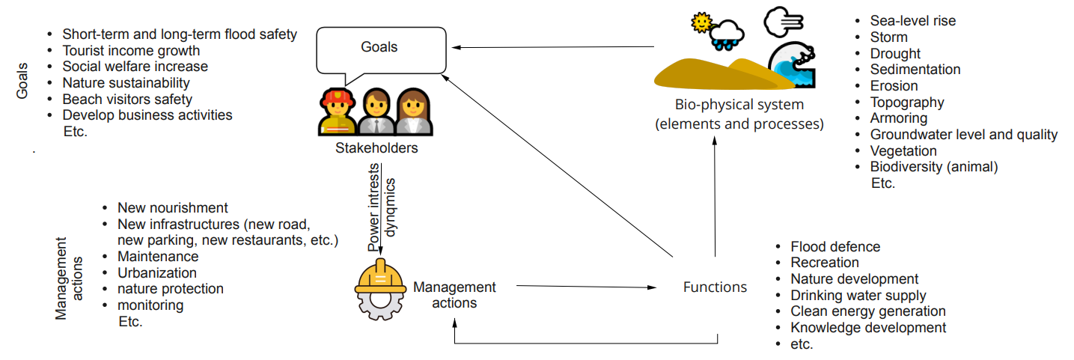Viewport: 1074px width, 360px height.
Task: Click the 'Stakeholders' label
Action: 376,148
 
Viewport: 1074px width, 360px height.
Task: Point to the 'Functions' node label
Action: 715,287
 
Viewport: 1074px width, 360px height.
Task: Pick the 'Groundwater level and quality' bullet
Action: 963,135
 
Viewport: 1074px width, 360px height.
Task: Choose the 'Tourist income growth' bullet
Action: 131,51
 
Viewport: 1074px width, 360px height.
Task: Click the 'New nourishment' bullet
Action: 172,208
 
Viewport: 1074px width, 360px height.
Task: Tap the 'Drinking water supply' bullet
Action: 858,295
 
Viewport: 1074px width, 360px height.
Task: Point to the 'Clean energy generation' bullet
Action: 867,311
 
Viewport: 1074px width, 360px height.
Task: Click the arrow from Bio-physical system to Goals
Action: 554,48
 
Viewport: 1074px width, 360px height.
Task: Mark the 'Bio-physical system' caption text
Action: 739,104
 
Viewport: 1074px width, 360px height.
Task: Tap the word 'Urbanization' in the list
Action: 157,272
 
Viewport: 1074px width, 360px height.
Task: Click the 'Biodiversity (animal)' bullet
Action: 933,167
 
